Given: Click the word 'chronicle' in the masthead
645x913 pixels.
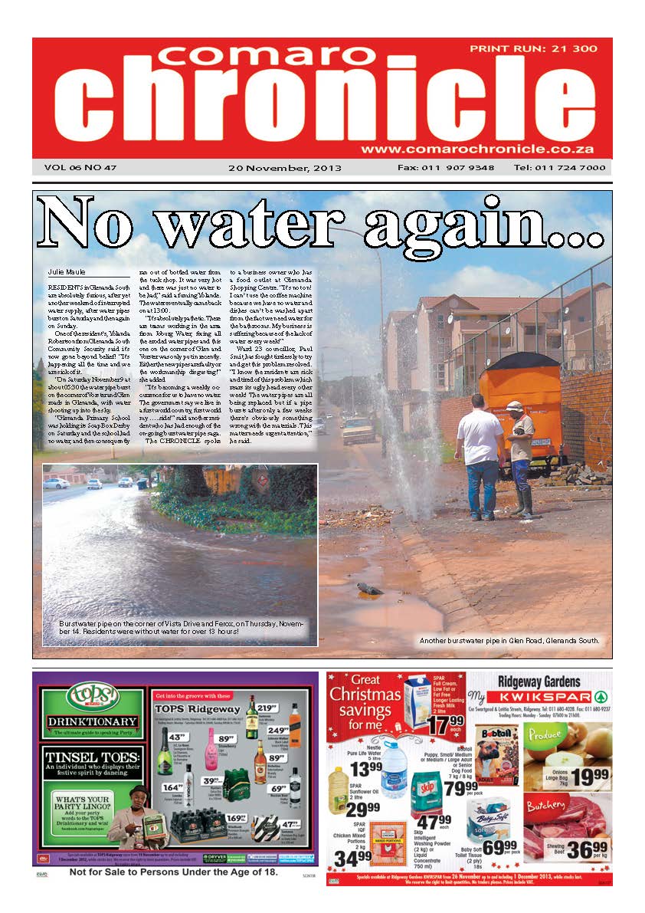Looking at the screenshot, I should point(322,100).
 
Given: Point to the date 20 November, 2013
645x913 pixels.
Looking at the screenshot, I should point(285,168).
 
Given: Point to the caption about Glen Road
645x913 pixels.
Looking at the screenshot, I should point(509,640).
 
